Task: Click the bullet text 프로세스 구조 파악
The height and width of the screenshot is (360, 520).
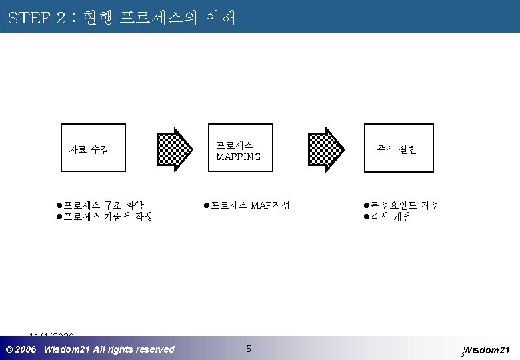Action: point(103,205)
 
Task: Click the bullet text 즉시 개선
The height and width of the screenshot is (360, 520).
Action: point(391,217)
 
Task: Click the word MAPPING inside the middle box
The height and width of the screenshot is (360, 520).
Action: point(239,157)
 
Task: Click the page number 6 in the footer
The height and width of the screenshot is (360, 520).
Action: point(248,349)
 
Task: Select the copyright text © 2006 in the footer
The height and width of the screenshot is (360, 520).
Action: point(21,349)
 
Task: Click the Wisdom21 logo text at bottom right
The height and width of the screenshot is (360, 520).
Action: point(487,350)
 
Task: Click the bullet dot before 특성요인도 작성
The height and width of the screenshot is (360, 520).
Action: point(366,205)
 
